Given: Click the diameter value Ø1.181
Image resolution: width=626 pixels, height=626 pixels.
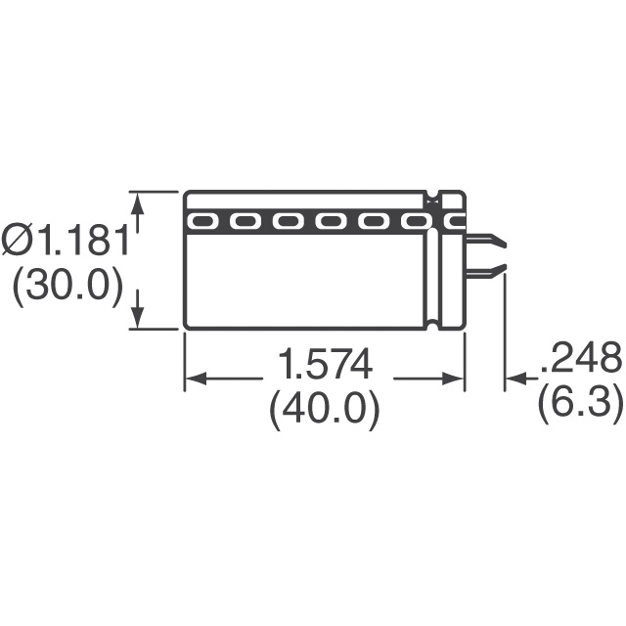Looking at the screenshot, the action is (x=65, y=240).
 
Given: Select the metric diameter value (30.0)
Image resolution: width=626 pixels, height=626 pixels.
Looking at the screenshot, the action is (x=67, y=287).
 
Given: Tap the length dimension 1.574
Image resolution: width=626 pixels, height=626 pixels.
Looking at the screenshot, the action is (x=325, y=364).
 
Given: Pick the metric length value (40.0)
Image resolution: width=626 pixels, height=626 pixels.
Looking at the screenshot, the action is (x=324, y=411).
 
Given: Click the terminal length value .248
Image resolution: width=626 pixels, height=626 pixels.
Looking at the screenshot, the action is (x=581, y=358).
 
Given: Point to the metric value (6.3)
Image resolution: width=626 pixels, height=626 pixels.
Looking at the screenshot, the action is (x=580, y=405).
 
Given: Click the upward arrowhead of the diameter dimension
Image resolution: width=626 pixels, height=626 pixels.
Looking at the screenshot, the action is (x=138, y=203).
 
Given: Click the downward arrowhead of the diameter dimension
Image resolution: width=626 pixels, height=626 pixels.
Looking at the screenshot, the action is (x=138, y=317).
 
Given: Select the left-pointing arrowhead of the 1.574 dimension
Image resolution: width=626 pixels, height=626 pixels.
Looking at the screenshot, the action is (x=197, y=379).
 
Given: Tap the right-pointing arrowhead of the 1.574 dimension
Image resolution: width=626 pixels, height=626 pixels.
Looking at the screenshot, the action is (x=453, y=379).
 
